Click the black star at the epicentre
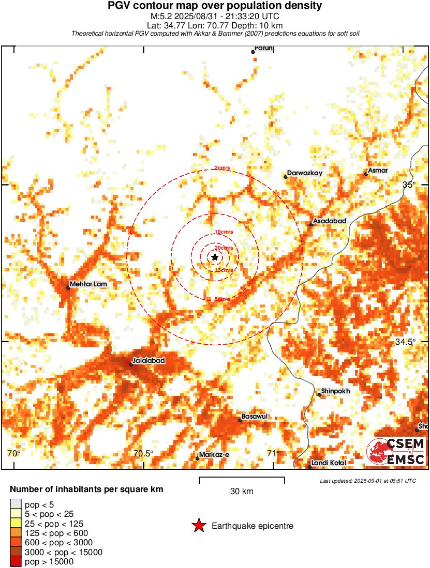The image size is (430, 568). click(215, 257)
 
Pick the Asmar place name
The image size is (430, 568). click(377, 171)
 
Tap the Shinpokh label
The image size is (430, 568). click(335, 391)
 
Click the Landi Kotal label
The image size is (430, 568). click(329, 463)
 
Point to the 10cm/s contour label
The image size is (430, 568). click(224, 232)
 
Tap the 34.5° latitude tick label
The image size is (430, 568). click(405, 342)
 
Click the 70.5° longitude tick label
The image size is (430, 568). click(143, 454)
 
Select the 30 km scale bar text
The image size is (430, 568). click(242, 492)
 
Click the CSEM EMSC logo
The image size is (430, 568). click(396, 451)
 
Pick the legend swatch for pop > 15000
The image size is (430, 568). click(16, 562)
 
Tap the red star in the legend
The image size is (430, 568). click(199, 526)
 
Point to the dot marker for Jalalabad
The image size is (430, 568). click(131, 364)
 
